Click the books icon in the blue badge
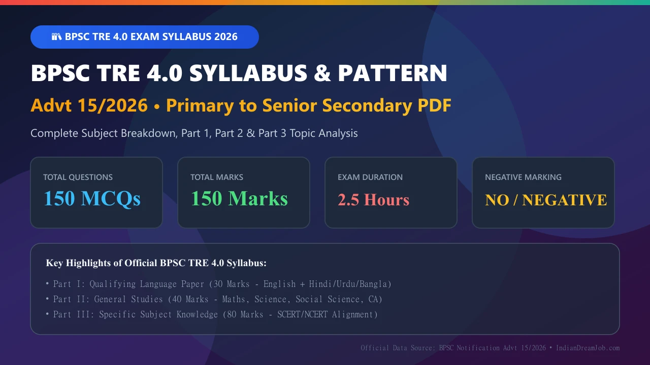[56, 37]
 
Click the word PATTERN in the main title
[393, 73]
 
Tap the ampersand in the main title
[322, 73]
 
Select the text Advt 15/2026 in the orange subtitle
[89, 105]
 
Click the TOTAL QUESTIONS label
[78, 177]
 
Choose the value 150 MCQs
[92, 199]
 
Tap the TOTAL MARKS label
[217, 177]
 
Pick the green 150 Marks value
[239, 199]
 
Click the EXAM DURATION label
[370, 177]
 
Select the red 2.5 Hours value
[373, 200]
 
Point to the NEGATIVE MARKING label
[523, 177]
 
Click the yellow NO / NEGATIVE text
[546, 200]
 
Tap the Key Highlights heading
[156, 263]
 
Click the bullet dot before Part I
[47, 283]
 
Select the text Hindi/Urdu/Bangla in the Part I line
[348, 284]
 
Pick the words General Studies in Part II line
[128, 299]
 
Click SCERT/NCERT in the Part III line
[302, 314]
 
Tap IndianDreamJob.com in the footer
[588, 348]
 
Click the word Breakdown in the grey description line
[149, 133]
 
